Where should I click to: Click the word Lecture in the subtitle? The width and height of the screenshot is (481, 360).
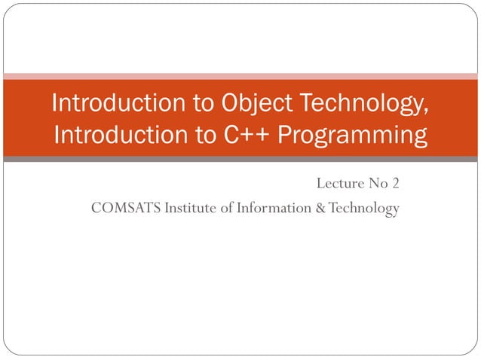point(339,183)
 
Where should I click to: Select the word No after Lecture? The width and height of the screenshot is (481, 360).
point(377,183)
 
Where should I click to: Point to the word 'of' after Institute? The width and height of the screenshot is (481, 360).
point(228,208)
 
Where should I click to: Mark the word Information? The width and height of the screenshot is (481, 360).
point(272,208)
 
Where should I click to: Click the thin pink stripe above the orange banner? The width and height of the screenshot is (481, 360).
point(240,76)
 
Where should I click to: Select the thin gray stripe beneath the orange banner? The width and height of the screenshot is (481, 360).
point(240,160)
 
